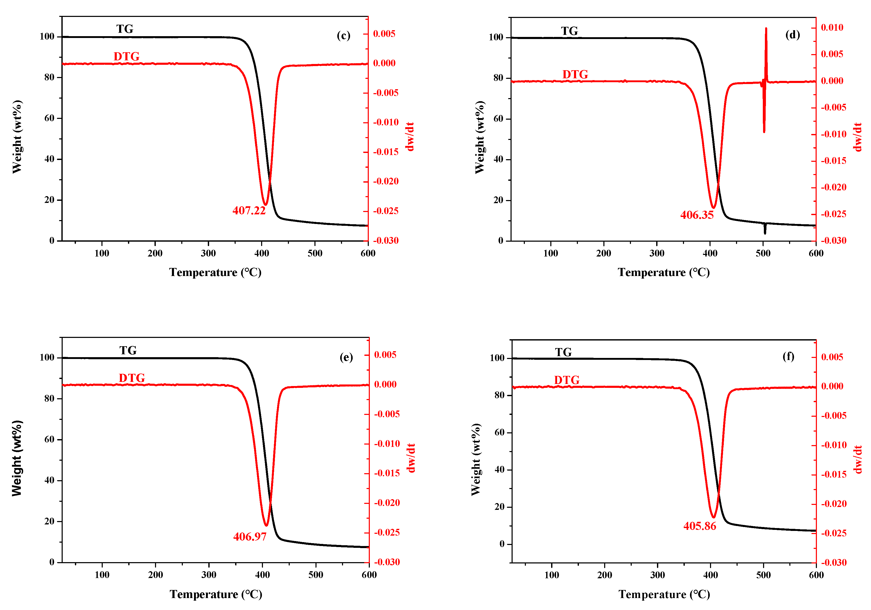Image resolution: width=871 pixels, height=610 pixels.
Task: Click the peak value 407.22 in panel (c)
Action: coord(249,210)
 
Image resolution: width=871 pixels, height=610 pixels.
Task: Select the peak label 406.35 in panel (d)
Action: coord(696,215)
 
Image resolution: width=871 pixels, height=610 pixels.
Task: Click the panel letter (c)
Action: coord(343,35)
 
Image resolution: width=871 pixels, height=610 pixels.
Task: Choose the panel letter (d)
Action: coord(792,35)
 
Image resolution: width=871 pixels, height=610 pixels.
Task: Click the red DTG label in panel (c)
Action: coord(126,56)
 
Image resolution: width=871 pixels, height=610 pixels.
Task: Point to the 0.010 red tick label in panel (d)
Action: coord(832,27)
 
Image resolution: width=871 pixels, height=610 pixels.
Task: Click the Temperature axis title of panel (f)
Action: coord(664,594)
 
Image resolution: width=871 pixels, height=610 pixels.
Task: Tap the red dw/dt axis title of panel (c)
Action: coord(409,137)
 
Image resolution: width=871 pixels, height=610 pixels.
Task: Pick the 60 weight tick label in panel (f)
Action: coord(499,432)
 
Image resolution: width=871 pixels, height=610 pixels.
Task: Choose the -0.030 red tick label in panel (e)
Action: coord(387,562)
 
